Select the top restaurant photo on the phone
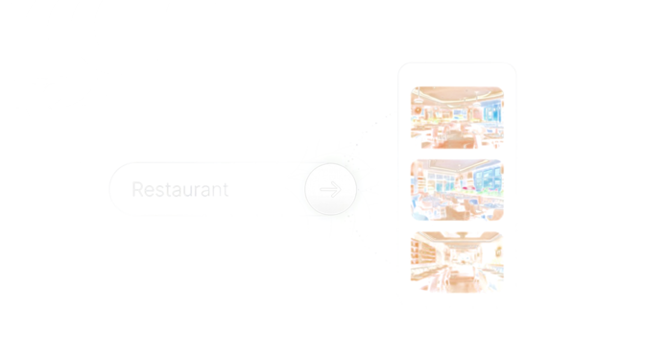pyautogui.click(x=457, y=116)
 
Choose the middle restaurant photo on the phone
pyautogui.click(x=457, y=188)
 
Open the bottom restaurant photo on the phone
pyautogui.click(x=457, y=260)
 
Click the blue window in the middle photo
pyautogui.click(x=485, y=177)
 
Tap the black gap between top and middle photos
pyautogui.click(x=457, y=153)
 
